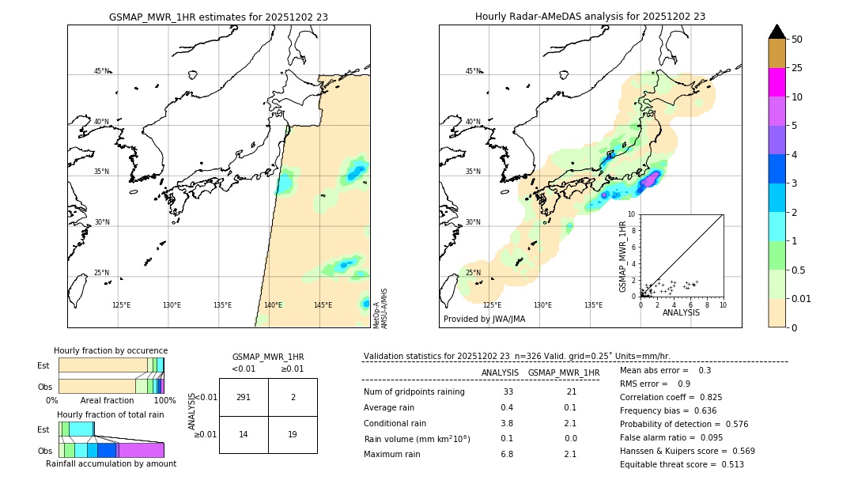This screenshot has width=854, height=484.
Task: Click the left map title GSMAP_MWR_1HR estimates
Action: (218, 17)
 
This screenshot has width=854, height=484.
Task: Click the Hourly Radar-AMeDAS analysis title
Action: (590, 17)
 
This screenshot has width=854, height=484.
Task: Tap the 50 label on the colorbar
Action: (797, 40)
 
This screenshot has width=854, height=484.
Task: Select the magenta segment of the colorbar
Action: (777, 82)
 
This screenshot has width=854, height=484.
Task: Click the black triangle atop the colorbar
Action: (777, 32)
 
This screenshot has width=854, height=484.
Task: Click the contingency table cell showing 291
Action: (244, 397)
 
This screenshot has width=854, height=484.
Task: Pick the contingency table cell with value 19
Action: (293, 434)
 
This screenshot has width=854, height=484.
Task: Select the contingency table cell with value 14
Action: (244, 434)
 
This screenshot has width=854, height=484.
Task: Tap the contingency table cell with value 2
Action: (293, 397)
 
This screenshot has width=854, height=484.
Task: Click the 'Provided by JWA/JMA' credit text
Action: (484, 320)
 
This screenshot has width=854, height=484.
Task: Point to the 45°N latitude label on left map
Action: (101, 71)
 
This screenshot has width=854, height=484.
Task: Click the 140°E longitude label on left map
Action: (273, 305)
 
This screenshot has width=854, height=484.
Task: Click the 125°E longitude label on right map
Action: (492, 305)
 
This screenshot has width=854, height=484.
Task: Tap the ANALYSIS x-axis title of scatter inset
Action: (681, 312)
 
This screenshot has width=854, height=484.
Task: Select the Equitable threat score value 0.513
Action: (728, 464)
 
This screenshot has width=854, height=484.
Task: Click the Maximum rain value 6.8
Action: (507, 454)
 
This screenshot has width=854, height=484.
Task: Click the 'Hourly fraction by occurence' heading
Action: (111, 350)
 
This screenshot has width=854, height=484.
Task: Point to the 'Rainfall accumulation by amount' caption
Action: (111, 463)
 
